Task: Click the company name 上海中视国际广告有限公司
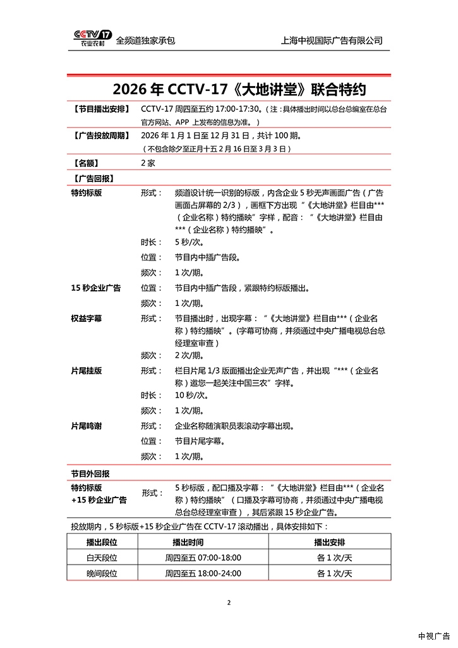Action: [x=332, y=40]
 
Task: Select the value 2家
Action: [x=148, y=162]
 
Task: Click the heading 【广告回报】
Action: [x=92, y=178]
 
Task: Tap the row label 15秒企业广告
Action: [x=95, y=288]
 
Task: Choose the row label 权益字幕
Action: [x=86, y=318]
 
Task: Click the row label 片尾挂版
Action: [x=86, y=370]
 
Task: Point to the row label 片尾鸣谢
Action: [x=86, y=425]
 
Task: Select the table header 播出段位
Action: [x=102, y=542]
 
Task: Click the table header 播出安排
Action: [x=334, y=542]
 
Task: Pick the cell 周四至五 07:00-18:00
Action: [x=203, y=558]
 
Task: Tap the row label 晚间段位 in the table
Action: [x=102, y=573]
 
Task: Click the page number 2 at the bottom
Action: [x=229, y=602]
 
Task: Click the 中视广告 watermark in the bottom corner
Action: [x=433, y=635]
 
